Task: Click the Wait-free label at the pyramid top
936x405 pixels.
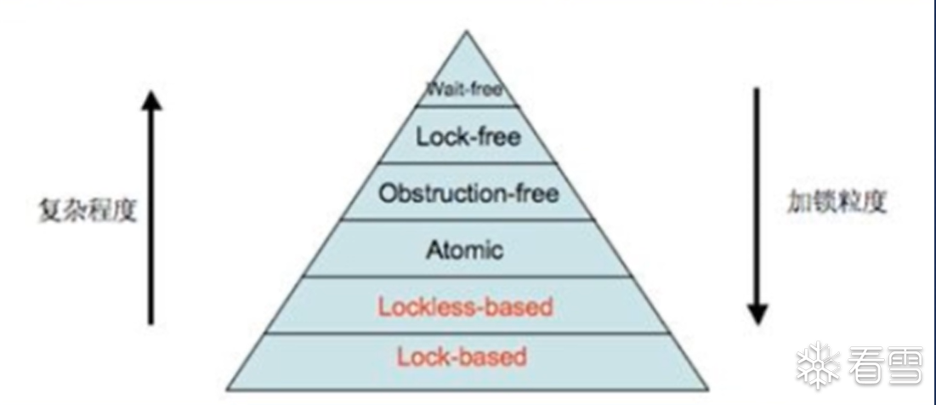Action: (465, 88)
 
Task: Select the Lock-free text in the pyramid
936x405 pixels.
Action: (468, 136)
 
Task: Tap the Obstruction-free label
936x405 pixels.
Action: (468, 194)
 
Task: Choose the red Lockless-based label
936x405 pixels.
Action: (465, 306)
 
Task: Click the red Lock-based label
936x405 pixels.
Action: (461, 357)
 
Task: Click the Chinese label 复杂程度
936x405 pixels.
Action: (88, 209)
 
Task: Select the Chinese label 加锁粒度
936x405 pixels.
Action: (837, 202)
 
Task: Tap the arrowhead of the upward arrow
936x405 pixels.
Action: (151, 100)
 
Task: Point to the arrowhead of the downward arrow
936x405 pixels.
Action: (756, 314)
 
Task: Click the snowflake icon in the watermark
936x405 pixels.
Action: (818, 366)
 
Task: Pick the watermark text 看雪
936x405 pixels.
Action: (880, 366)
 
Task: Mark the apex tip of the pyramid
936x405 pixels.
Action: (466, 32)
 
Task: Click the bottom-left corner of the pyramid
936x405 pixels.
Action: (228, 390)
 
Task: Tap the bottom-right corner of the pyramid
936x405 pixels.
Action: (707, 390)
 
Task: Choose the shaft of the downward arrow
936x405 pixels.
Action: (756, 196)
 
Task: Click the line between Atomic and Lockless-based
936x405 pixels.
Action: (467, 277)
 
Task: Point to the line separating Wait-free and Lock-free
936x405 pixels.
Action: (467, 106)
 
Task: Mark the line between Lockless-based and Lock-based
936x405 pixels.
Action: (467, 333)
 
